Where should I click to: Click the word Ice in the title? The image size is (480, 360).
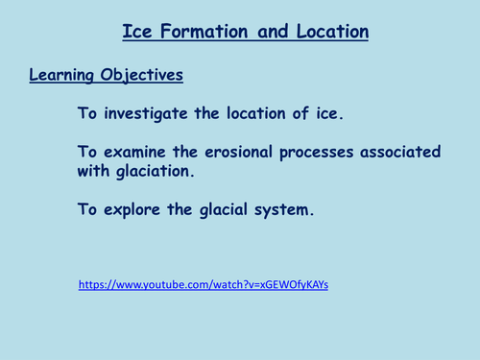136,32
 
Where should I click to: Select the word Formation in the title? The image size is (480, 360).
204,32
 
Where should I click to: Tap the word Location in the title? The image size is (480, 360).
327,32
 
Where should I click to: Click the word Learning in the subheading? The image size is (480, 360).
64,73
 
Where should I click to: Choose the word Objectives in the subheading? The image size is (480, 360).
145,73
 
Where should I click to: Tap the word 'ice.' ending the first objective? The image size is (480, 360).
325,113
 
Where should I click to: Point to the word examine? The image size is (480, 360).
138,152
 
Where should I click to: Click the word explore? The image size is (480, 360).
135,208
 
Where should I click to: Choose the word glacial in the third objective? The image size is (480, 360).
228,208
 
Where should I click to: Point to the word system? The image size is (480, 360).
287,208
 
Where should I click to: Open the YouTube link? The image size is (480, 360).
204,286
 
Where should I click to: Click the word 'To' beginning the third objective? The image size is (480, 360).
88,208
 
